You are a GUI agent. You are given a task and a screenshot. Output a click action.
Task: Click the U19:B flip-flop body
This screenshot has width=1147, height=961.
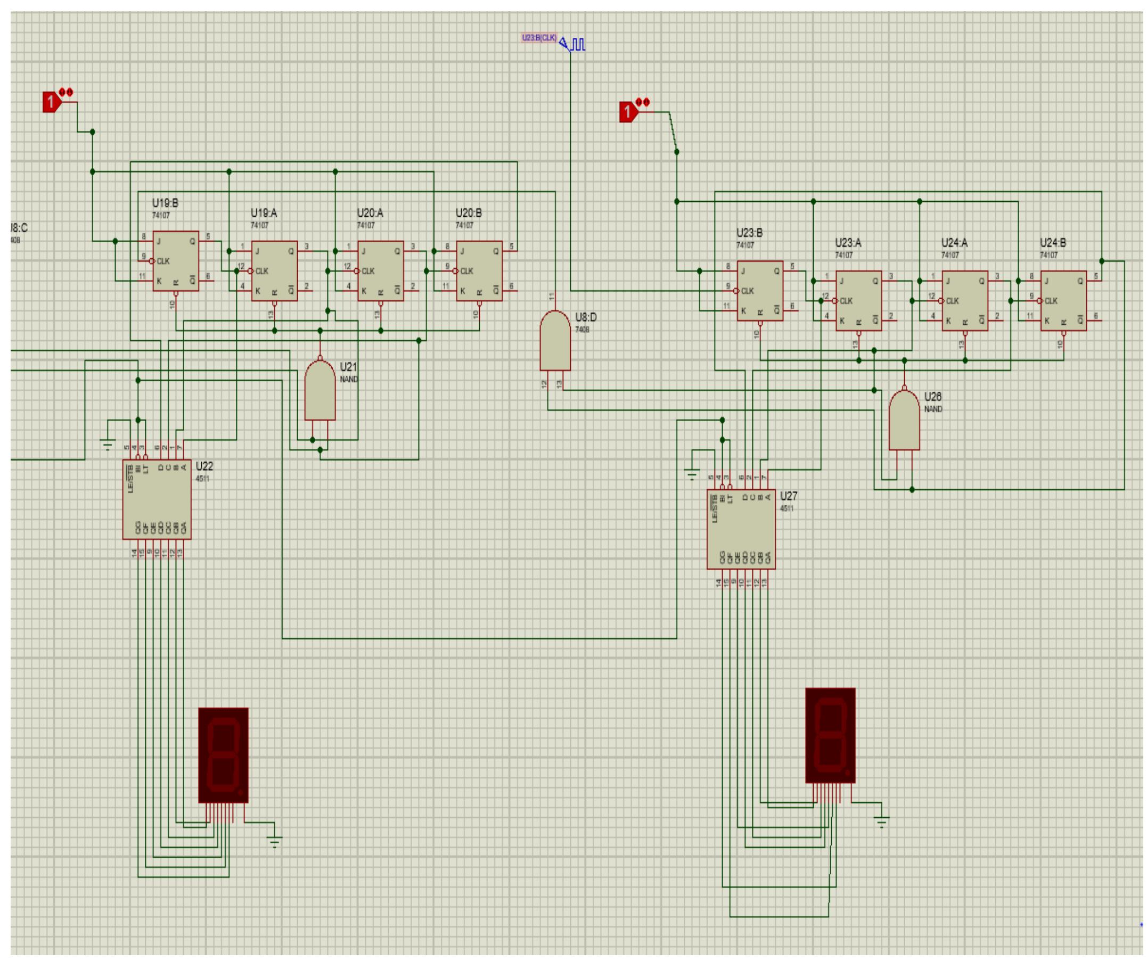point(175,260)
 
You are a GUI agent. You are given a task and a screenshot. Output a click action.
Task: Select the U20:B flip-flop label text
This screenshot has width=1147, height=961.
point(469,213)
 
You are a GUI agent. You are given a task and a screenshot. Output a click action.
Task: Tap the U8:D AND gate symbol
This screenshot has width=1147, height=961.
point(555,341)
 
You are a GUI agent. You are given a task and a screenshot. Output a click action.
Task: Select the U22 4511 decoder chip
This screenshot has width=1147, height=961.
point(157,499)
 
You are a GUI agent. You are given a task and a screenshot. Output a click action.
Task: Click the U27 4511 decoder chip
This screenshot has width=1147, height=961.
point(741,530)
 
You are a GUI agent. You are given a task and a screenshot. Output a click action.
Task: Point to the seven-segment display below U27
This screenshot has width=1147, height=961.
point(830,735)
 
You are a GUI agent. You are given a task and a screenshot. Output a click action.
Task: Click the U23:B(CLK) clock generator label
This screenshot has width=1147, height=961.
point(539,38)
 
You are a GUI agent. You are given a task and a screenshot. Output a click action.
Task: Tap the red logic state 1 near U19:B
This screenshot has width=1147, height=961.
point(51,102)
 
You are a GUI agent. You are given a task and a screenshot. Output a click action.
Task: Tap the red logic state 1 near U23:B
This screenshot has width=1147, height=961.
point(628,112)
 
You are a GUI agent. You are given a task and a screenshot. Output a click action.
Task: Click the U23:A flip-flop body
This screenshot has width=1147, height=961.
point(858,300)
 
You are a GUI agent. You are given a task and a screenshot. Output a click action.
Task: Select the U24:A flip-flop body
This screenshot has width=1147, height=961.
point(964,300)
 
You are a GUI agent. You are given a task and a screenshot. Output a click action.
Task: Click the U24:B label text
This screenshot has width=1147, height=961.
point(1053,242)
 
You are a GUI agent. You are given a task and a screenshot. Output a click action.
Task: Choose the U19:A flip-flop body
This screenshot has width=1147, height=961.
point(274,271)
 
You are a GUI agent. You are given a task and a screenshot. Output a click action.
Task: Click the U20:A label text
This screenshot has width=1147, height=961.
point(370,213)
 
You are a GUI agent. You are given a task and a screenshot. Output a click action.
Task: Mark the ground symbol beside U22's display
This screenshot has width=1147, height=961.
point(275,842)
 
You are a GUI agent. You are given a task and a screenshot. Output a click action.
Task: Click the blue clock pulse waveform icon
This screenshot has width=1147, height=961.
point(578,44)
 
